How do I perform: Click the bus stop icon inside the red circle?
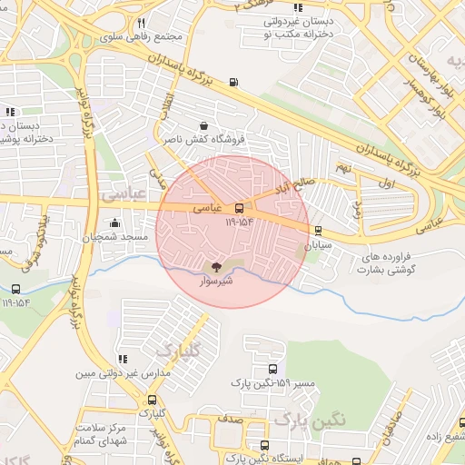pyautogui.click(x=239, y=207)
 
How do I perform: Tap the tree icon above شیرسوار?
pyautogui.click(x=216, y=267)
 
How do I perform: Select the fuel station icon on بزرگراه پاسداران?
pyautogui.click(x=235, y=83)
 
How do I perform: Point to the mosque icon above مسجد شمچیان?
pyautogui.click(x=114, y=223)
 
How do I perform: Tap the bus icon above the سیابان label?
pyautogui.click(x=317, y=231)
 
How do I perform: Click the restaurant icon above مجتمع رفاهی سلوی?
pyautogui.click(x=141, y=23)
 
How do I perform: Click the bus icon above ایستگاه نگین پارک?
pyautogui.click(x=264, y=445)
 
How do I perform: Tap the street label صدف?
pyautogui.click(x=228, y=420)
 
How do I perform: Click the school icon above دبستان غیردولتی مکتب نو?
pyautogui.click(x=297, y=8)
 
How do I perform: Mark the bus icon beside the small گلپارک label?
pyautogui.click(x=152, y=400)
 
